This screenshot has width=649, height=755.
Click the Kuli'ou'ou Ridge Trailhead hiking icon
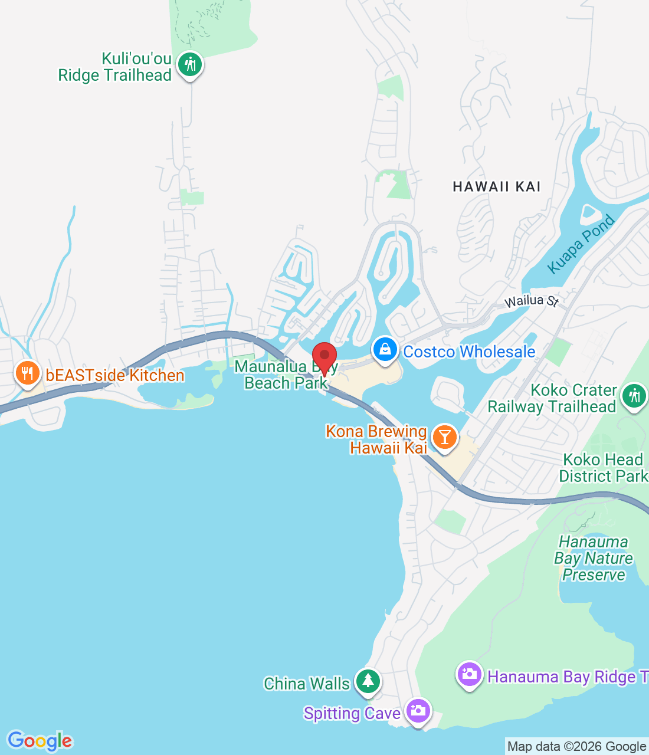click(x=189, y=64)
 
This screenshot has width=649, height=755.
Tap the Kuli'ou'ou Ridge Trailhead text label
click(x=114, y=67)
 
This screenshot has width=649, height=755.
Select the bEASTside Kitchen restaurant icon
click(x=27, y=373)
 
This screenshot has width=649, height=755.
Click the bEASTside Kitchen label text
click(x=115, y=375)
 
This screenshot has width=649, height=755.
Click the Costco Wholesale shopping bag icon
click(x=385, y=350)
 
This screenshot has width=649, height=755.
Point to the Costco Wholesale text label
click(x=469, y=352)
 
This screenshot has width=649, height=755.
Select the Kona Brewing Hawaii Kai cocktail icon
click(x=444, y=437)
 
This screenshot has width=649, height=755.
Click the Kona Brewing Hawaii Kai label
click(x=377, y=439)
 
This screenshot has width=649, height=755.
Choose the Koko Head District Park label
click(x=602, y=468)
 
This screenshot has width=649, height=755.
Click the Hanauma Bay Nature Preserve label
click(x=594, y=558)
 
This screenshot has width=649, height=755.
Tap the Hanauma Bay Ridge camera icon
click(x=469, y=674)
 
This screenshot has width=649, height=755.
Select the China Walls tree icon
click(x=368, y=681)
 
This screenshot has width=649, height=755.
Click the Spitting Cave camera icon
click(x=418, y=711)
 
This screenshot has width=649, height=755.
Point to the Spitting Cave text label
click(x=352, y=713)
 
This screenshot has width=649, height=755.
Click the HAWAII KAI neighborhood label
click(x=497, y=186)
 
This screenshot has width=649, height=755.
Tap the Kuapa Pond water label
click(x=581, y=244)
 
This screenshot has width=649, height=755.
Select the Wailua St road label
click(x=532, y=301)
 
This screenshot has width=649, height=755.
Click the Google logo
click(x=40, y=741)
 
